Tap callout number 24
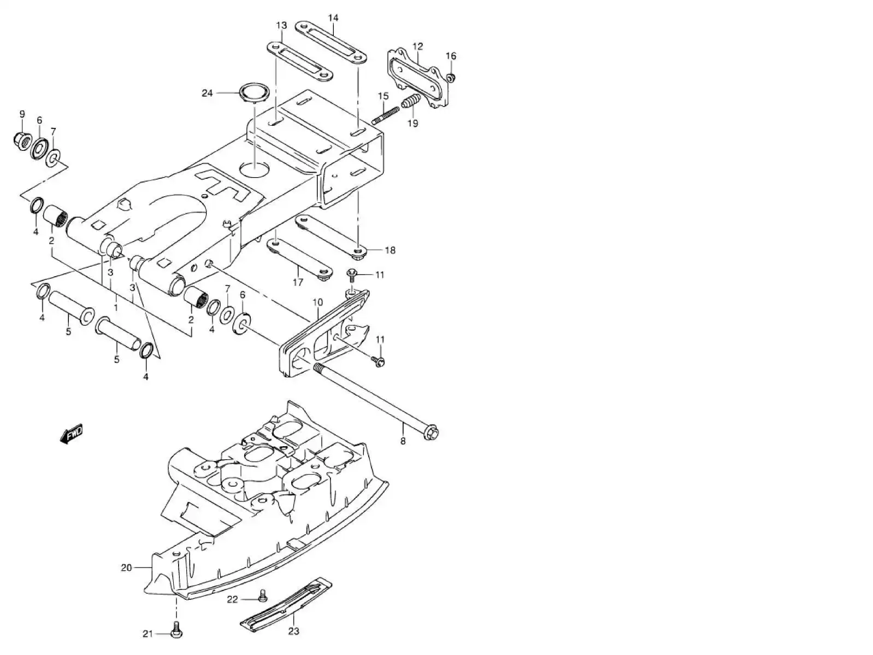(207, 93)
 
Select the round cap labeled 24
(255, 92)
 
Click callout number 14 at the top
(333, 18)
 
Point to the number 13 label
(281, 25)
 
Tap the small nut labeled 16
(451, 78)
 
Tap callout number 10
(318, 302)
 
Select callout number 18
(390, 250)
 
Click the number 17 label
(298, 283)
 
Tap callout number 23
(294, 631)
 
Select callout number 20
(126, 568)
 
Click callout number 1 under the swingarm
(115, 308)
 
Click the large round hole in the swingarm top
(255, 168)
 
